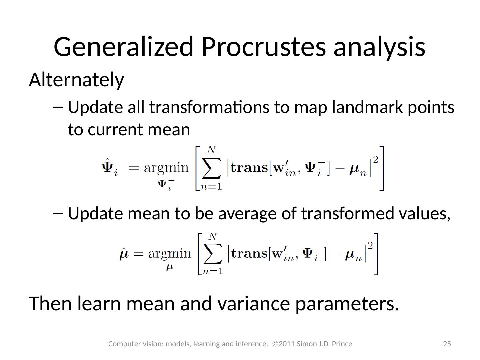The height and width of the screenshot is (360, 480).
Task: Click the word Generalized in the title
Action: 124,47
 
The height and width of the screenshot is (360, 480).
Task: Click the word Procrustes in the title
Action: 264,47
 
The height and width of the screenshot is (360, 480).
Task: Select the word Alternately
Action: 77,80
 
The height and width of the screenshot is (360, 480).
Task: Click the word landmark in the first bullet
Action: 367,107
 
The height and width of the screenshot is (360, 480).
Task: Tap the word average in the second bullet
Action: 247,214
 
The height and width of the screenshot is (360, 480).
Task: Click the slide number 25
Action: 447,344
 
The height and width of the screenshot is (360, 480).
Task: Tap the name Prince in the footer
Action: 342,344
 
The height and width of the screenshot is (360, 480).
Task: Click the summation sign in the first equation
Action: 211,169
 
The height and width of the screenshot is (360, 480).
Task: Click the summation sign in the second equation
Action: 213,254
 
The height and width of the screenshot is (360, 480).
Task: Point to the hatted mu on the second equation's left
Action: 124,254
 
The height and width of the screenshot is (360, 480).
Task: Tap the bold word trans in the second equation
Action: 249,254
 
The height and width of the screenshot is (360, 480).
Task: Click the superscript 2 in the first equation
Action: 376,160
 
